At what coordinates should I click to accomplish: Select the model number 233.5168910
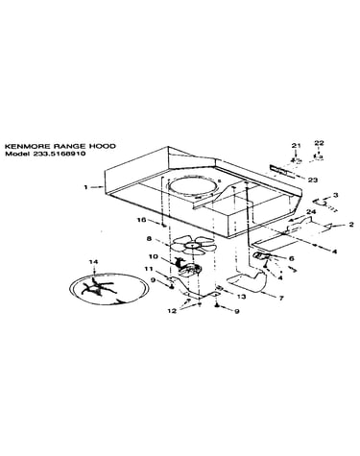59,154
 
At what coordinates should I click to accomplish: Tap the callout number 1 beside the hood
85,187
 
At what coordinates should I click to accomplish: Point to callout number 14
93,262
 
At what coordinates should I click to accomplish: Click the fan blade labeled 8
192,245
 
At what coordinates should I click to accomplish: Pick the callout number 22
319,143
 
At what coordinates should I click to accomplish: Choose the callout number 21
296,146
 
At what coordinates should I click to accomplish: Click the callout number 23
312,180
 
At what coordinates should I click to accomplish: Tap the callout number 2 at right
351,225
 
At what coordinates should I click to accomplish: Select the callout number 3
335,195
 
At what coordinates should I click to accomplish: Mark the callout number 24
311,212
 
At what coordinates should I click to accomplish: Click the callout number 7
281,299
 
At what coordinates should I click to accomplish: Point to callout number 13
241,297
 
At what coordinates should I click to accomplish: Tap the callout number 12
172,311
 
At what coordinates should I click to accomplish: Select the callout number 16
141,220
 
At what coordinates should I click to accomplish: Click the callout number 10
154,256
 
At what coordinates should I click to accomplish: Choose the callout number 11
149,269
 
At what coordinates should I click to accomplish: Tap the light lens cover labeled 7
247,281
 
